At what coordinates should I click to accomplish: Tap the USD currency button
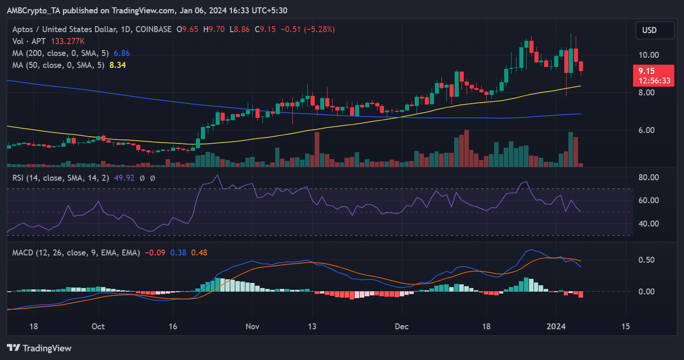point(654,30)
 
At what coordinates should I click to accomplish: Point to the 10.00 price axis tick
point(649,55)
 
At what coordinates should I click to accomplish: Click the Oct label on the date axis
point(98,327)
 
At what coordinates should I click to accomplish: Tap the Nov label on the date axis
point(253,327)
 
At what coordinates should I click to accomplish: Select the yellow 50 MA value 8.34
point(117,65)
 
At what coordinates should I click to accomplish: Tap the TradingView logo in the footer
point(39,348)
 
